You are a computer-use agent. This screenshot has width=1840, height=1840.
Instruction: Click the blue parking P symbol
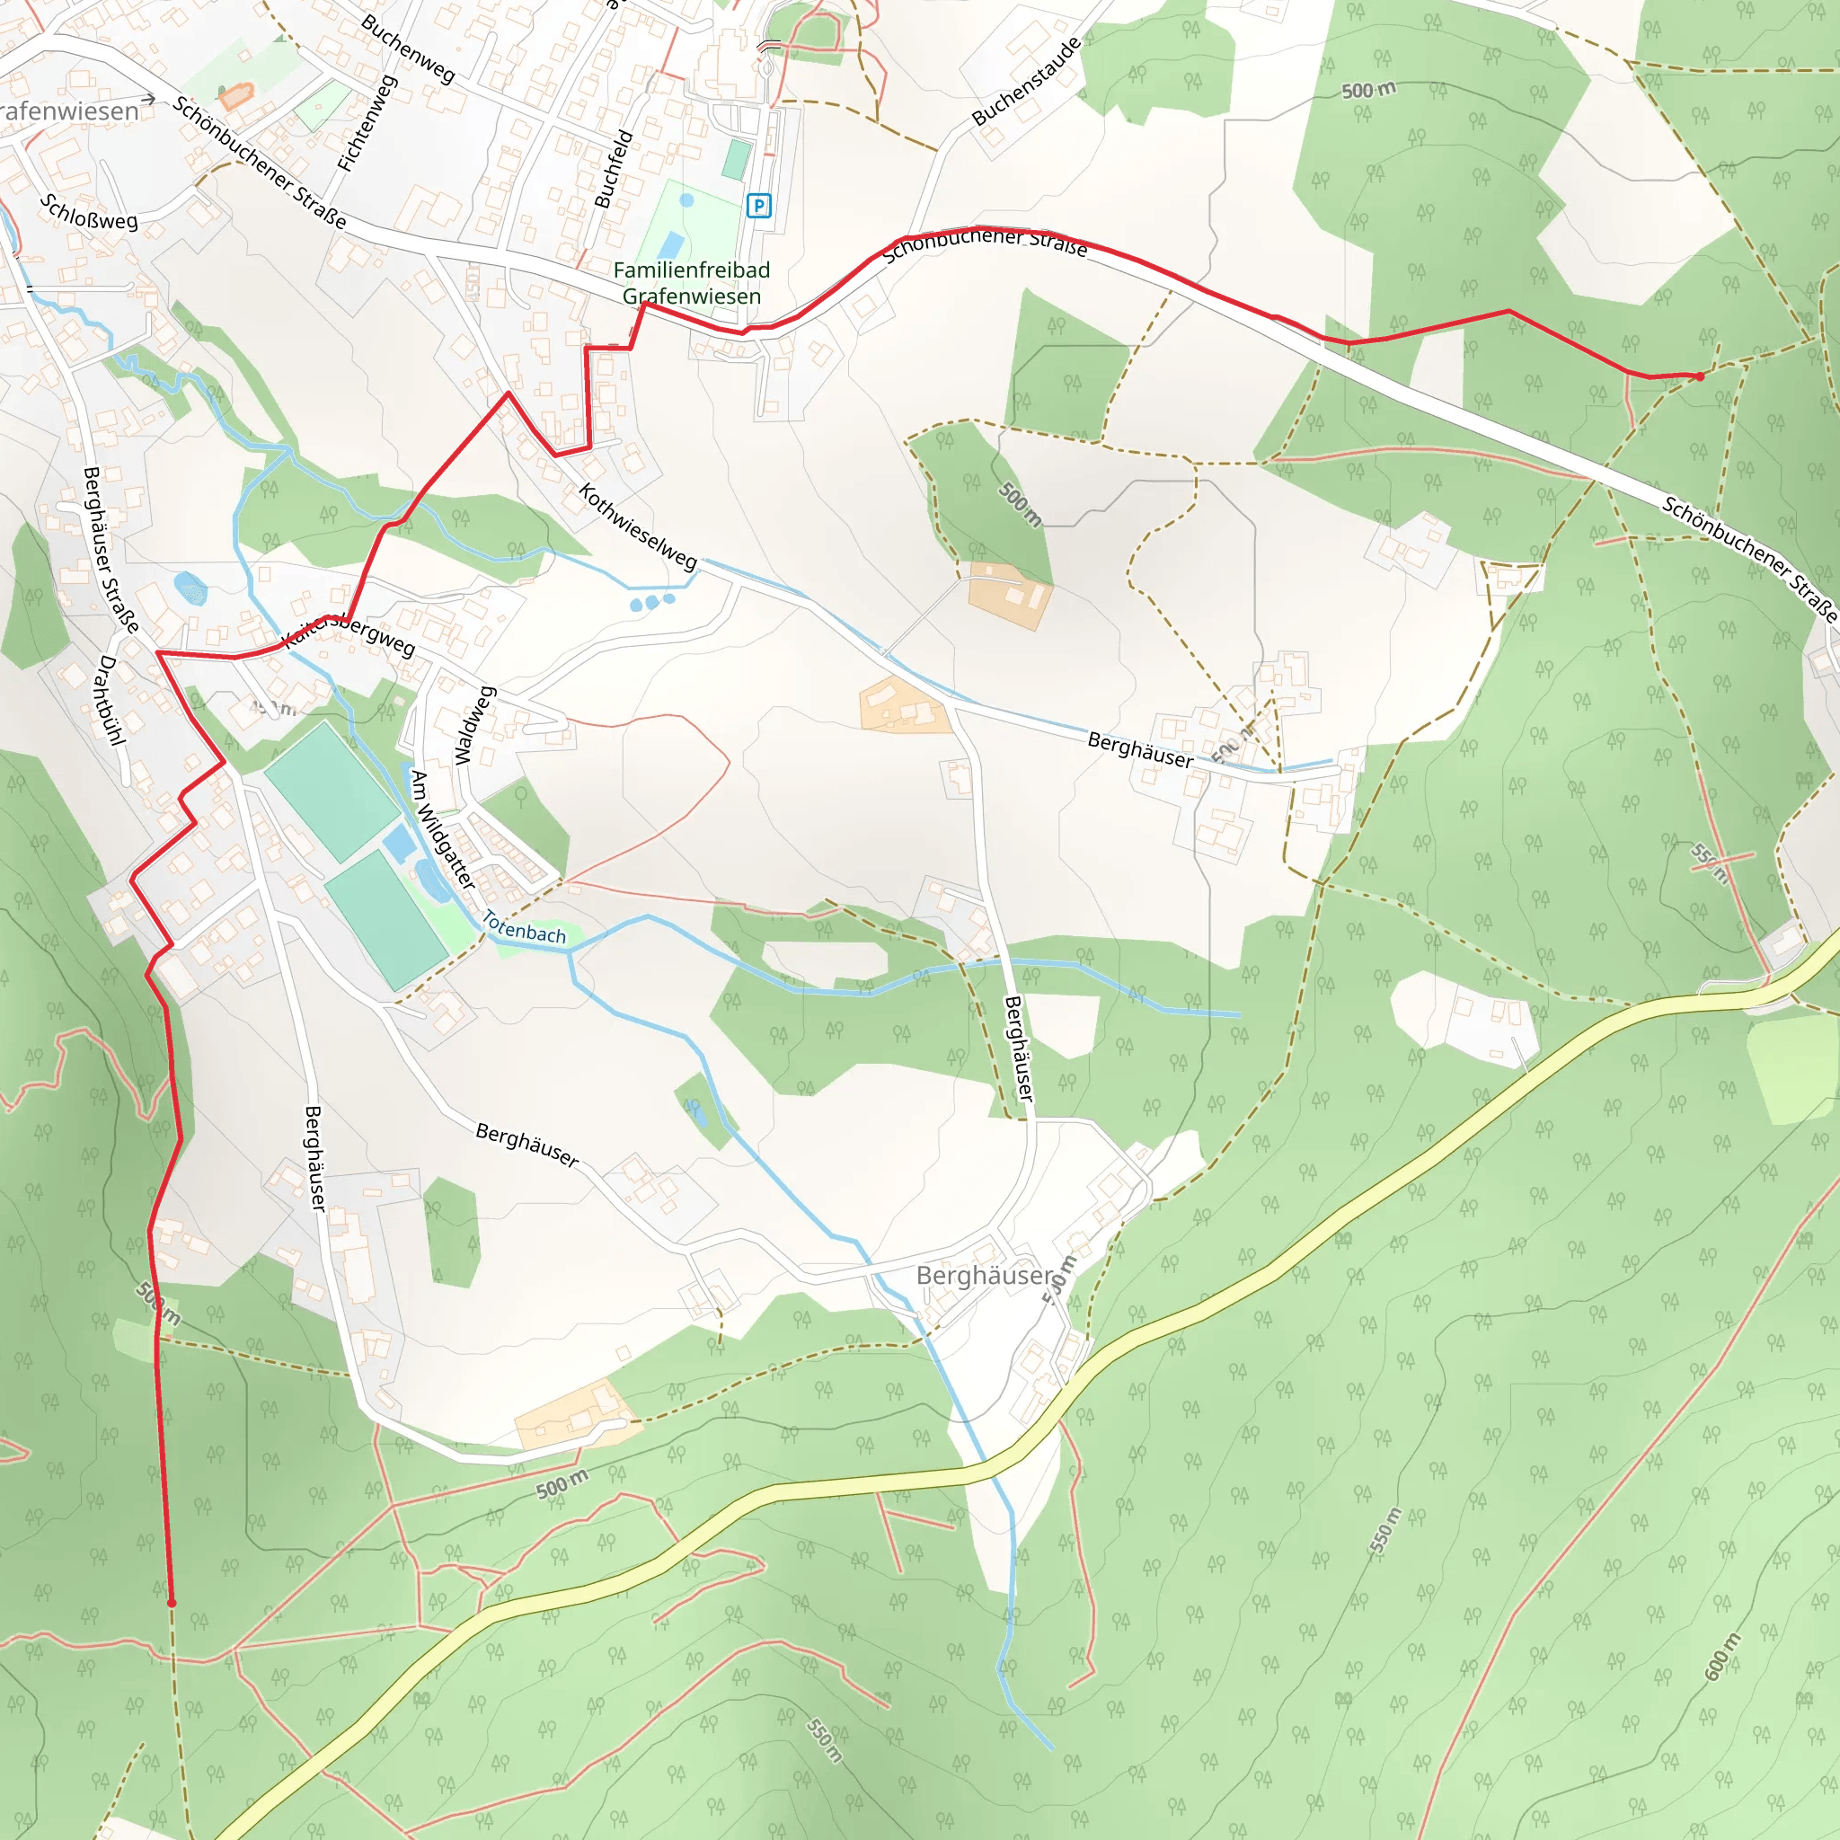758,205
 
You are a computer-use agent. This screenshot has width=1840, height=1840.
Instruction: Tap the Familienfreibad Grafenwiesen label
692,283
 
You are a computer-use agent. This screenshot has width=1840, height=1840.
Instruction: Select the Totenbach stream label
524,926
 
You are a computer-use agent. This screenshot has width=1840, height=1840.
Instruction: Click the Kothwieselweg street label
638,526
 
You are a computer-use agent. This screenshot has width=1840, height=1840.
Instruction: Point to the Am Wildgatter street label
442,828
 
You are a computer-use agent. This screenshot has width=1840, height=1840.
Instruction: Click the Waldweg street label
474,726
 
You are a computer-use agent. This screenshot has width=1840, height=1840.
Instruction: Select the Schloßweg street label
89,211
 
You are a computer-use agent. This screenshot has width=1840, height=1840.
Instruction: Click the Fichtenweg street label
367,123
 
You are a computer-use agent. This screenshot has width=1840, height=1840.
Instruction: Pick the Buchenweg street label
408,48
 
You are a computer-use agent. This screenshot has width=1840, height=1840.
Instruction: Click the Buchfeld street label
614,169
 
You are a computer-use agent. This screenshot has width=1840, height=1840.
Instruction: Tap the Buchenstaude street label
1027,81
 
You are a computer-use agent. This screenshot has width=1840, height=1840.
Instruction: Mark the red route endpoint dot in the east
1699,376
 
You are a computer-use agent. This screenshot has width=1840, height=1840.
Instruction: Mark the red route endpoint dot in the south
172,1603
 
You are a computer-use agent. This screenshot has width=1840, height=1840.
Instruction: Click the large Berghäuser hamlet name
985,1275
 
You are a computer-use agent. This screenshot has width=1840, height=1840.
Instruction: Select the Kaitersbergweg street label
349,634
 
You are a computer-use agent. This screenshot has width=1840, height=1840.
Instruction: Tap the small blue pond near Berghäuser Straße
190,588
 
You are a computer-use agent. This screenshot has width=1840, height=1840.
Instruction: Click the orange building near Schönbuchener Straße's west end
236,96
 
